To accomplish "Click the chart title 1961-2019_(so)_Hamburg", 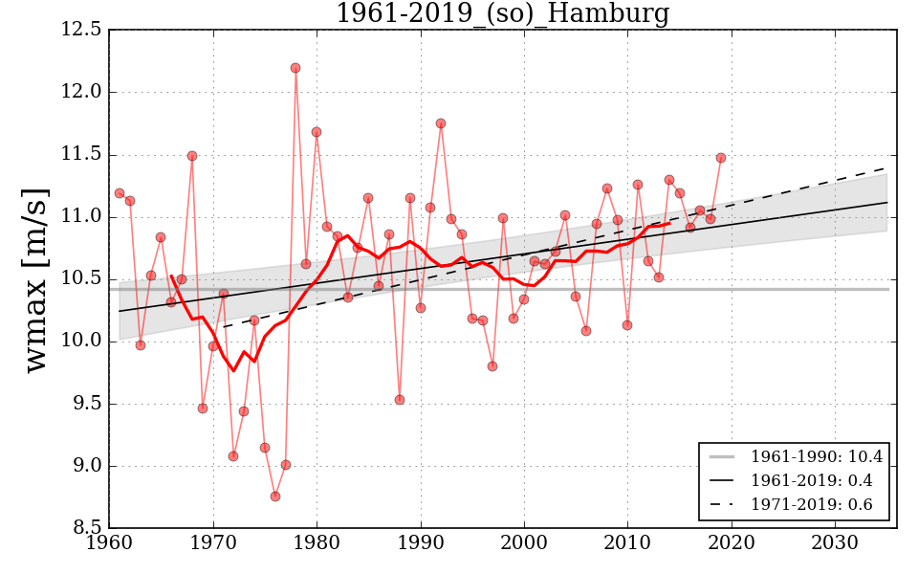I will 502,13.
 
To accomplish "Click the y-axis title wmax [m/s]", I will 37,279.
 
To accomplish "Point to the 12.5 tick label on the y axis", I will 82,30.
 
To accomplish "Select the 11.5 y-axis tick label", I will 82,154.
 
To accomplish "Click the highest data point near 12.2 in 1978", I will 295,68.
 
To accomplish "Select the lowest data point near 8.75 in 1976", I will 275,497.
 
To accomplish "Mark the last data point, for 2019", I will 721,158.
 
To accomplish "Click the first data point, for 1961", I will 120,193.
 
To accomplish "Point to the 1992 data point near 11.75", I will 441,123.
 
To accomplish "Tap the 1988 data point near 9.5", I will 400,400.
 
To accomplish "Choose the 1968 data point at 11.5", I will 192,156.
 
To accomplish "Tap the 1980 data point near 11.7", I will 317,132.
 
